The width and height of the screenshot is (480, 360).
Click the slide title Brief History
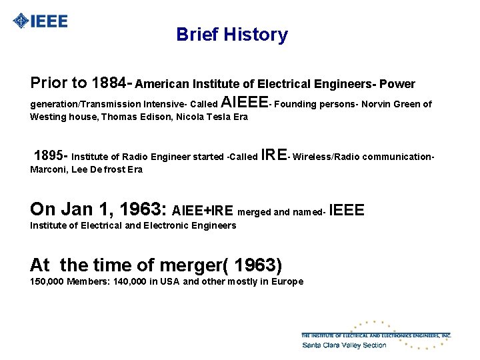pos(232,35)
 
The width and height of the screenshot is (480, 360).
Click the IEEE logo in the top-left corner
pos(41,21)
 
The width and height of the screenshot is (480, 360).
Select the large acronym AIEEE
pos(243,103)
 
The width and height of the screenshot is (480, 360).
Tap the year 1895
pos(49,156)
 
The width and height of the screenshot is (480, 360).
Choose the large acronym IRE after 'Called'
pos(274,155)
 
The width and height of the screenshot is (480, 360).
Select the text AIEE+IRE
pos(203,211)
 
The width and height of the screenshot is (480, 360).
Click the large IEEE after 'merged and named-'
pos(347,211)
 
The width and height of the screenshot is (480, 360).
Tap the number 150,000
pos(47,281)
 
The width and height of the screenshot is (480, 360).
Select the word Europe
pos(288,281)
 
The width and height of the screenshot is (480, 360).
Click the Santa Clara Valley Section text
pos(344,345)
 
